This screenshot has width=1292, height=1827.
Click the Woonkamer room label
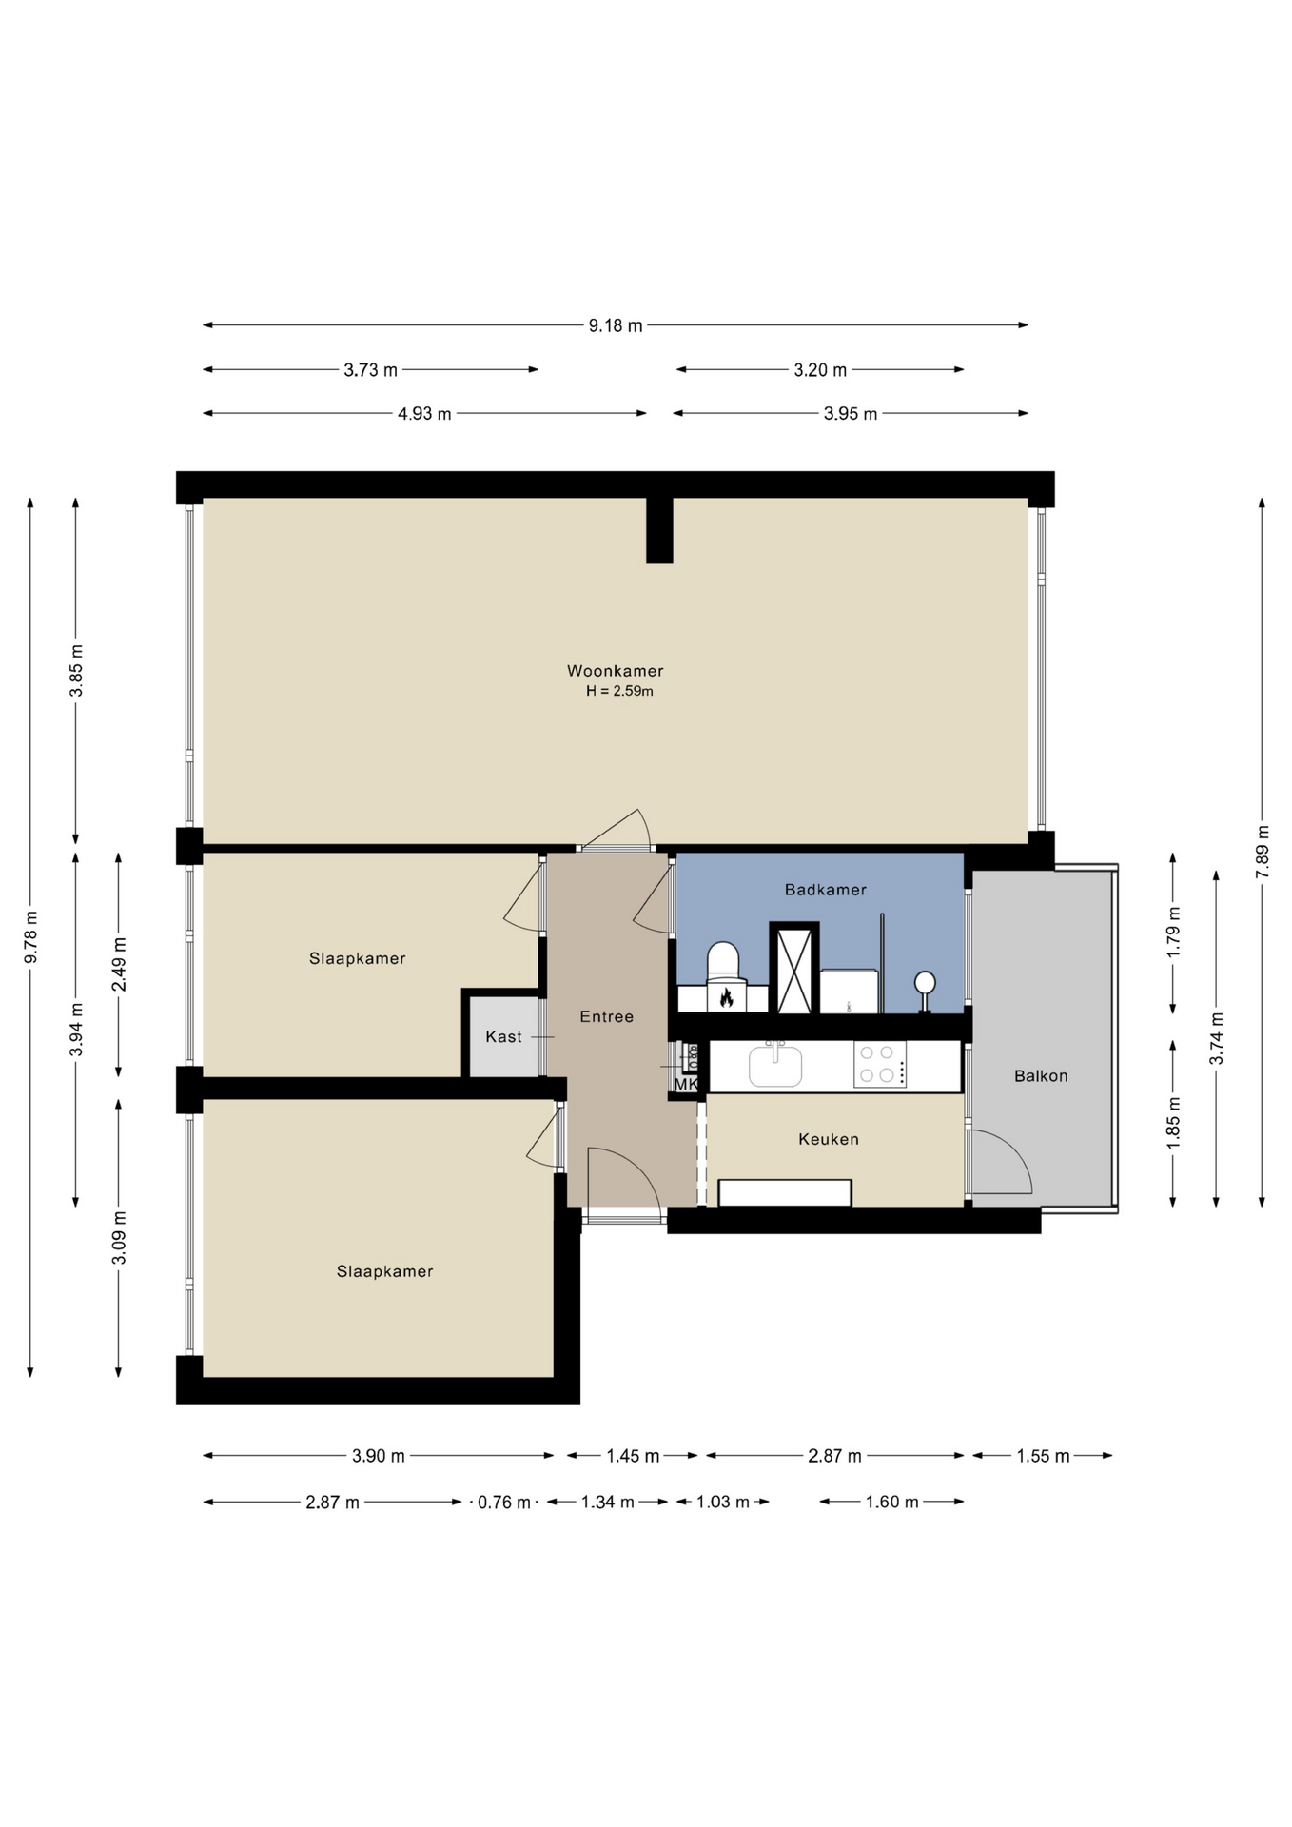pos(615,671)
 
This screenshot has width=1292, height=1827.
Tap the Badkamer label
pos(826,890)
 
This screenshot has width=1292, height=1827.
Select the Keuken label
pos(829,1139)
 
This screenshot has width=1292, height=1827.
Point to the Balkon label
pos(1041,1076)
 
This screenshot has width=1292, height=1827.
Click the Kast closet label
pos(503,1037)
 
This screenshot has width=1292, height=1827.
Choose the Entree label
pos(607,1017)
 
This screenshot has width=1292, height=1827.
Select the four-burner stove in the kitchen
pos(880,1065)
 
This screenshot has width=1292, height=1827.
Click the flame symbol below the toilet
pos(726,998)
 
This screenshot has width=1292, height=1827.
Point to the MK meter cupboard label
pos(686,1084)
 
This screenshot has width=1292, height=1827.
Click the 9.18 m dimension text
pos(616,325)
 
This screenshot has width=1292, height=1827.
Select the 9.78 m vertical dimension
pos(31,937)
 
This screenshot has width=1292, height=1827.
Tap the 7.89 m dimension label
pos(1263,852)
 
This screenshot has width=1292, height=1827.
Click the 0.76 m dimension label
pos(504,1503)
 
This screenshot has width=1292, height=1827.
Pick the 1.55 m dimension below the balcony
pos(1043,1456)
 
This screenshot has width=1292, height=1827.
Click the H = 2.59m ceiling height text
pos(619,691)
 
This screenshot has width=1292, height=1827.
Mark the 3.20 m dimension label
pos(820,370)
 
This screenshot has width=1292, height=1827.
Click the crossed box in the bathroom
pos(794,969)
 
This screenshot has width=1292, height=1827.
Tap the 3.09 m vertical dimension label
pos(119,1238)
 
